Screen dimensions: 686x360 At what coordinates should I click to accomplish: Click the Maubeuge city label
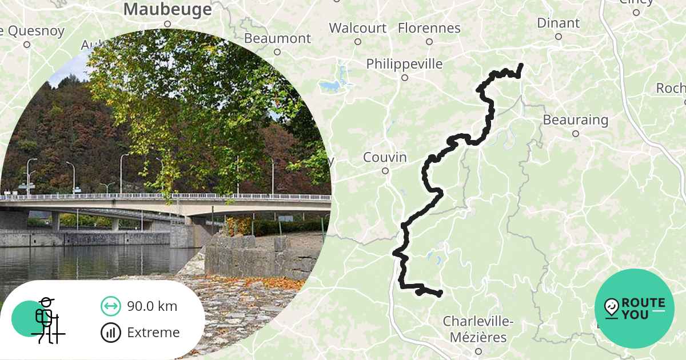tap(167, 9)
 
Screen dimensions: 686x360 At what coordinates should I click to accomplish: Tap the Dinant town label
tap(558, 23)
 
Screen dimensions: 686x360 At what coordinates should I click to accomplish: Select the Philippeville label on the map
tap(404, 63)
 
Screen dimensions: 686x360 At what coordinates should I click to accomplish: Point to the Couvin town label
tap(385, 157)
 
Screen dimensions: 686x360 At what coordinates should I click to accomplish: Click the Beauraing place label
tap(575, 120)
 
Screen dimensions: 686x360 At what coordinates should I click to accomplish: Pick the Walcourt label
tap(358, 27)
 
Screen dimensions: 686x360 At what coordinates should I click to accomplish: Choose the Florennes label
tap(429, 27)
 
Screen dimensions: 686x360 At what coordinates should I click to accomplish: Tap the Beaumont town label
tap(277, 38)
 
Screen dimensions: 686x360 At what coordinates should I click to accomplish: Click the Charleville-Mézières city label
tap(478, 329)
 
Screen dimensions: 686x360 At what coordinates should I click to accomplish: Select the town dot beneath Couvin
tap(385, 170)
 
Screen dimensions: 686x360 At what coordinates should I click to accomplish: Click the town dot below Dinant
tap(559, 37)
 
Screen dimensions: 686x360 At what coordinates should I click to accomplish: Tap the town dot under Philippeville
tap(405, 78)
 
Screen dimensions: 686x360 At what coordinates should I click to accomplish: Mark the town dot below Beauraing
tap(576, 134)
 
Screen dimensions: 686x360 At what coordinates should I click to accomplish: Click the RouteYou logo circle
tap(635, 309)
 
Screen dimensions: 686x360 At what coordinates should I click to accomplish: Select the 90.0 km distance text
tap(152, 306)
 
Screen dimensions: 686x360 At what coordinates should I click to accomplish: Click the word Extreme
tap(153, 333)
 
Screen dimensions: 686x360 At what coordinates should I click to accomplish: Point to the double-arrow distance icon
tap(110, 306)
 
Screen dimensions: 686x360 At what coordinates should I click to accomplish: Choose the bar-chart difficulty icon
tap(110, 333)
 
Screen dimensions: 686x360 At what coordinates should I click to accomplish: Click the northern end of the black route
tap(521, 66)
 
